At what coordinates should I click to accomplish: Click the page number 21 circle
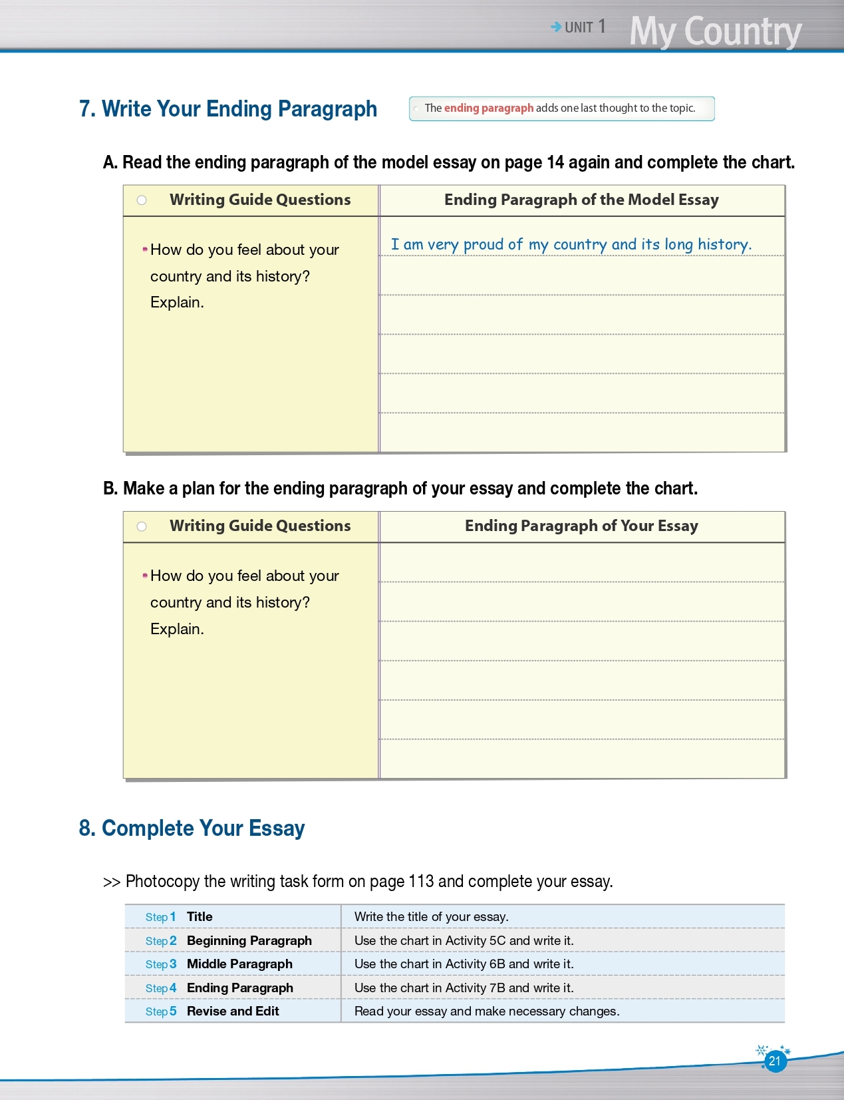click(x=774, y=1061)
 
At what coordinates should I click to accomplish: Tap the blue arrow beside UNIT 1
click(x=556, y=27)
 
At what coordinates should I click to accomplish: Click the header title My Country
click(x=715, y=31)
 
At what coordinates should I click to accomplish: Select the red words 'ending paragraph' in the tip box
click(x=488, y=108)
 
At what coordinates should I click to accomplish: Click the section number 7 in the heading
click(x=86, y=109)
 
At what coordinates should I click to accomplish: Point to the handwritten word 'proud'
click(x=484, y=245)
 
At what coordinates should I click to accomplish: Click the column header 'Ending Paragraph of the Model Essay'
click(x=581, y=200)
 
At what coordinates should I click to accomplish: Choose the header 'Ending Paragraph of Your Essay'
click(x=581, y=526)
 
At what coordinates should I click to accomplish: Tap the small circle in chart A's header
click(x=142, y=200)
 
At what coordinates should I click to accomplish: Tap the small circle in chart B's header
click(x=142, y=526)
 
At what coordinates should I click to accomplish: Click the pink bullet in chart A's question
click(x=145, y=250)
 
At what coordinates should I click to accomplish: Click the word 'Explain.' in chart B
click(x=177, y=629)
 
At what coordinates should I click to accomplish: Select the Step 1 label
click(x=160, y=917)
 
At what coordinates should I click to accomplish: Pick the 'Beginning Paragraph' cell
click(x=249, y=940)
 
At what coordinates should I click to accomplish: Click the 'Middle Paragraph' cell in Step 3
click(x=239, y=964)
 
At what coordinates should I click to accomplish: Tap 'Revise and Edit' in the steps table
click(x=233, y=1011)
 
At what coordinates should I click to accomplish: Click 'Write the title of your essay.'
click(x=431, y=917)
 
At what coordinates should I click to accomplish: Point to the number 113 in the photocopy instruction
click(x=421, y=882)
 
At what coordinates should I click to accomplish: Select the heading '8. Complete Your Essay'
click(x=192, y=828)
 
